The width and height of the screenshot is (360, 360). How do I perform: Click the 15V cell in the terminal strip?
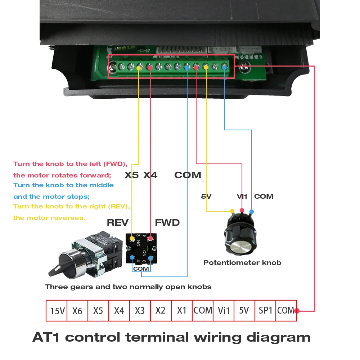(58, 310)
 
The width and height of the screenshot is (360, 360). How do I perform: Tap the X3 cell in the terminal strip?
(140, 310)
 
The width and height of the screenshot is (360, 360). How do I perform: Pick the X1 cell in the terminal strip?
(182, 310)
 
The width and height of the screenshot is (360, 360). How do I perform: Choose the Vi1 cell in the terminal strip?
(224, 310)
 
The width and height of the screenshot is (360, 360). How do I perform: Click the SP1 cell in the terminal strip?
(265, 310)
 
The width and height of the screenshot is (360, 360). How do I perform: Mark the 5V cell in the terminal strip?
(244, 310)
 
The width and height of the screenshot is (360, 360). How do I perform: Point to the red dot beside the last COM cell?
(297, 311)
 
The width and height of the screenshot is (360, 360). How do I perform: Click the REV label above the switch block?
(118, 222)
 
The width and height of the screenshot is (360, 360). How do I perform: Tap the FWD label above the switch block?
(167, 222)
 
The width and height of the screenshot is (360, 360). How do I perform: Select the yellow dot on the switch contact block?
(132, 238)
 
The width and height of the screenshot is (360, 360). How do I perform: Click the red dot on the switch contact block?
(150, 238)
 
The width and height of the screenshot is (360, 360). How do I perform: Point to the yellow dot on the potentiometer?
(232, 211)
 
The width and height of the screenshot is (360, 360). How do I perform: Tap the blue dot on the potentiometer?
(251, 211)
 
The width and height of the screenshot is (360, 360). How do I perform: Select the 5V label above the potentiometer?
(206, 197)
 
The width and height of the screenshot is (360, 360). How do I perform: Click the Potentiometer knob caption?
(242, 263)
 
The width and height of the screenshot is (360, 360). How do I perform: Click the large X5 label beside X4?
(131, 175)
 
